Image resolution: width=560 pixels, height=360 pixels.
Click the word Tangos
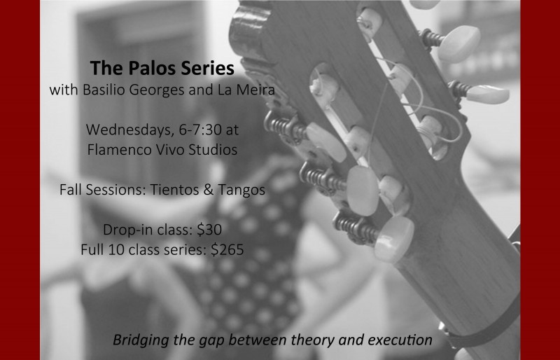240,190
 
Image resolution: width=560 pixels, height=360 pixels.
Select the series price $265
227,249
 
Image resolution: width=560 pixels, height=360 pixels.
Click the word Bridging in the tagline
141,341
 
